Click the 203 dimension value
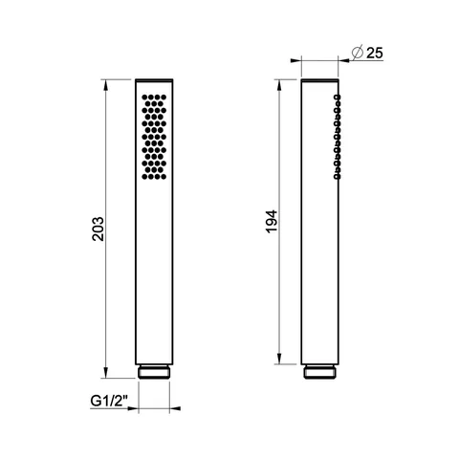coord(98,229)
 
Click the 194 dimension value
coord(272,222)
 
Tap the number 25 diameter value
coord(375,53)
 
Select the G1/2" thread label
coord(109,401)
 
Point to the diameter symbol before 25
coord(358,53)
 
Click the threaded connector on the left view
coord(154,372)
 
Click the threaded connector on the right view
coord(320,372)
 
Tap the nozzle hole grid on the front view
coord(154,137)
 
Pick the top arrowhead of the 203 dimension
coord(106,84)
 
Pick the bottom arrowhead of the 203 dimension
coord(106,373)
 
